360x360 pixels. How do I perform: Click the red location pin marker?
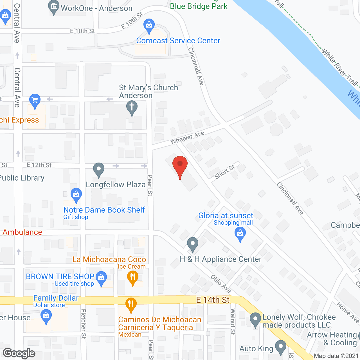pos(180,166)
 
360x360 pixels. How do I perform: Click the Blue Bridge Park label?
pos(199,6)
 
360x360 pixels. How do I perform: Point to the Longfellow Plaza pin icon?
pos(99,170)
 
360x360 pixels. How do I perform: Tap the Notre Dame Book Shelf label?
pos(104,210)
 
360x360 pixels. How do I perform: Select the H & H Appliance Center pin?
pos(193,244)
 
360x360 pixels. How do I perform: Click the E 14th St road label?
pos(213,300)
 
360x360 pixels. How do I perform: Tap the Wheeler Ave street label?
pos(187,138)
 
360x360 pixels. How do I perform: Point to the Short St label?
pos(224,172)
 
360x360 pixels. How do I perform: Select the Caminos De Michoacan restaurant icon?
pos(131,305)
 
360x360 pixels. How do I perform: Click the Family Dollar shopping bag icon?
pos(46,316)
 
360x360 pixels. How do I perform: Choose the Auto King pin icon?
pos(280,347)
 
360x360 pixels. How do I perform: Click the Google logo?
pos(19,353)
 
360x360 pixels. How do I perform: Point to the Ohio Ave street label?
pos(221,284)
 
